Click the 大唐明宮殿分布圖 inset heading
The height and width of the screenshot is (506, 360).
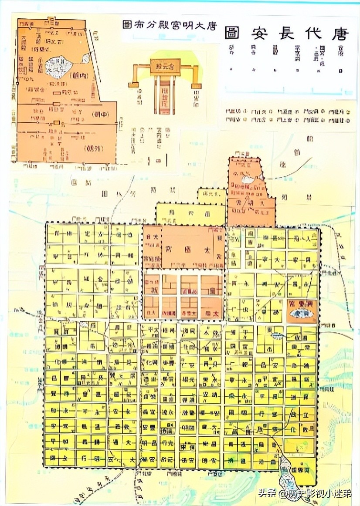pyautogui.click(x=170, y=24)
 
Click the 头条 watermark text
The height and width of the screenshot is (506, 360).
pyautogui.click(x=268, y=493)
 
